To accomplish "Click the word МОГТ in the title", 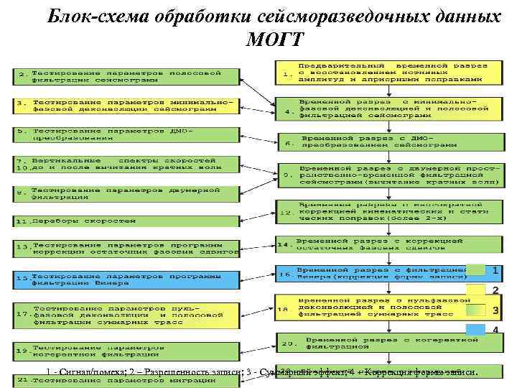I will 275,38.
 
